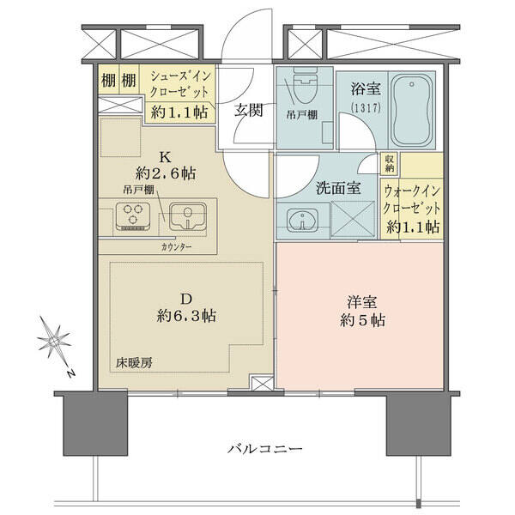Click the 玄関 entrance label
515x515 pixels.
click(x=249, y=111)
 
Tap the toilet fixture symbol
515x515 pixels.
click(x=305, y=85)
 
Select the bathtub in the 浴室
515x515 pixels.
click(x=411, y=110)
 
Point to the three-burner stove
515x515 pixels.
click(x=133, y=216)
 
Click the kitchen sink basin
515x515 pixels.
click(x=187, y=216)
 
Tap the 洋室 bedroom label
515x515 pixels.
click(x=362, y=302)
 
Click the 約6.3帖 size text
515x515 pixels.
click(x=186, y=316)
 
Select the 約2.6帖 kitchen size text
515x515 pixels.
click(x=166, y=173)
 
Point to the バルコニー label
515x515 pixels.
click(x=265, y=449)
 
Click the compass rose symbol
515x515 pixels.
click(x=53, y=342)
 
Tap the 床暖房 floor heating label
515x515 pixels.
click(x=134, y=363)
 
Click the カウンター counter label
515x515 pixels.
click(x=176, y=247)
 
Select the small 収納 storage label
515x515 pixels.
click(x=390, y=163)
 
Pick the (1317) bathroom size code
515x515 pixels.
click(x=366, y=108)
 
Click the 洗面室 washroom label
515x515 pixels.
click(x=338, y=188)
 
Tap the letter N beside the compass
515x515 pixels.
click(x=70, y=373)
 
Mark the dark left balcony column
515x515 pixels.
click(x=95, y=425)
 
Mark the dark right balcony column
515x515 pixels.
click(x=419, y=425)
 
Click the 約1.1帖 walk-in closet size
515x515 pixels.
click(x=413, y=227)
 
